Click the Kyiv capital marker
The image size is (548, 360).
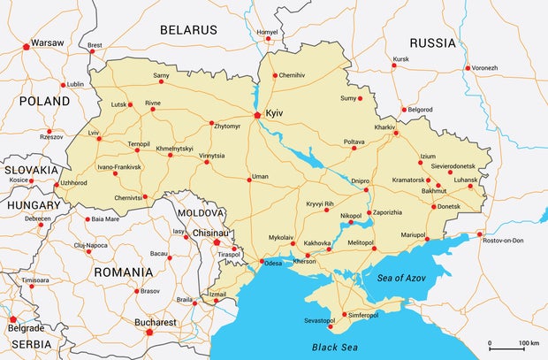pyautogui.click(x=257, y=114)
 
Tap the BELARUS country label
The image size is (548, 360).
pyautogui.click(x=188, y=30)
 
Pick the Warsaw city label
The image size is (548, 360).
pyautogui.click(x=47, y=42)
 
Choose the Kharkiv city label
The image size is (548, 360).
pyautogui.click(x=384, y=127)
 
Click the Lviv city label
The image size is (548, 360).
pyautogui.click(x=94, y=133)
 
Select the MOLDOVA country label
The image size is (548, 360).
pyautogui.click(x=201, y=214)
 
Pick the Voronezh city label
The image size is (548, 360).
pyautogui.click(x=484, y=68)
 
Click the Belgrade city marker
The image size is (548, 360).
pyautogui.click(x=12, y=319)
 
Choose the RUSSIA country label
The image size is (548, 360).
pyautogui.click(x=432, y=42)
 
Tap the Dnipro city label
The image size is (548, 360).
pyautogui.click(x=361, y=180)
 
